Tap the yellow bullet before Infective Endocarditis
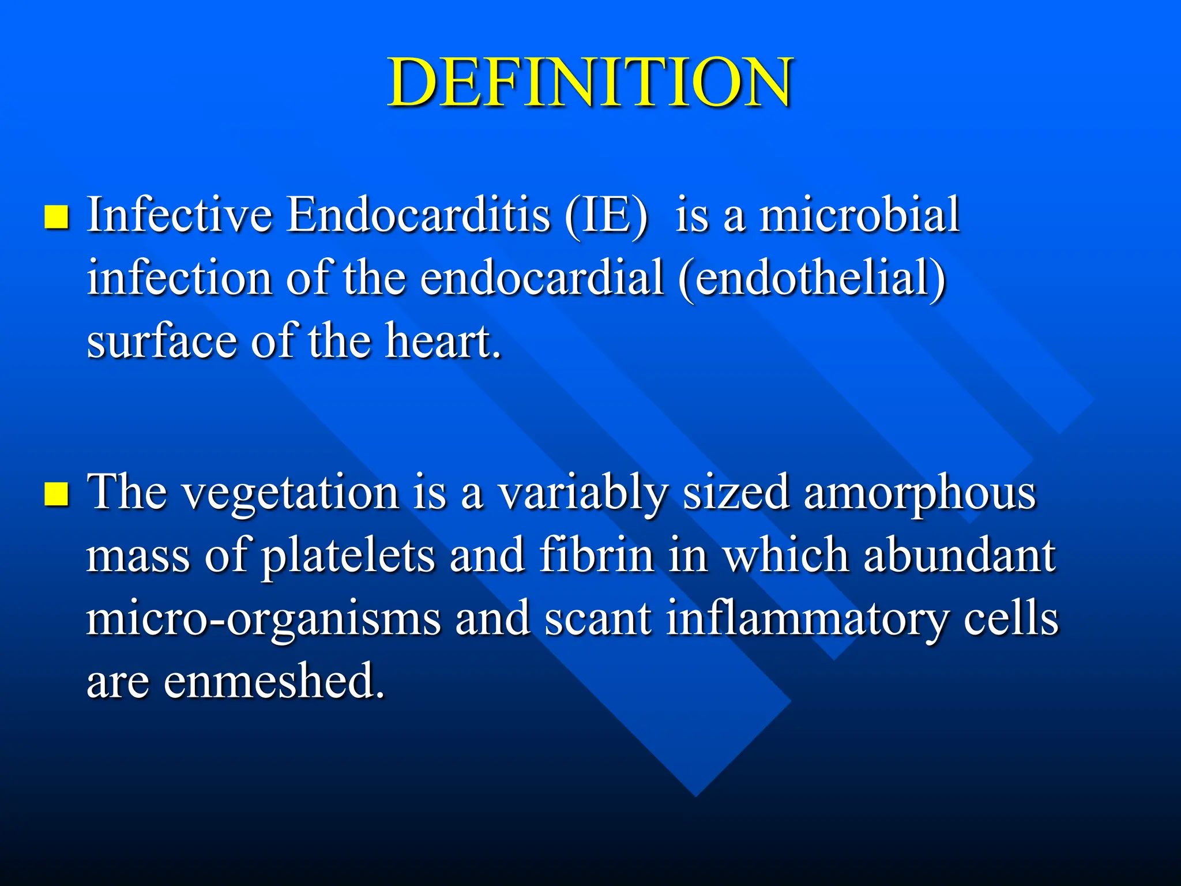click(x=57, y=217)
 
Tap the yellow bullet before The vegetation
click(x=57, y=494)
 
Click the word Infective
click(x=179, y=215)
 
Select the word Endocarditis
click(x=419, y=215)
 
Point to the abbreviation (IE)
click(x=606, y=216)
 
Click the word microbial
click(x=859, y=215)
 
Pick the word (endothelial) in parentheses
click(x=812, y=279)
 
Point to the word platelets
click(x=348, y=557)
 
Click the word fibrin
click(x=597, y=555)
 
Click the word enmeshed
click(x=273, y=681)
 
